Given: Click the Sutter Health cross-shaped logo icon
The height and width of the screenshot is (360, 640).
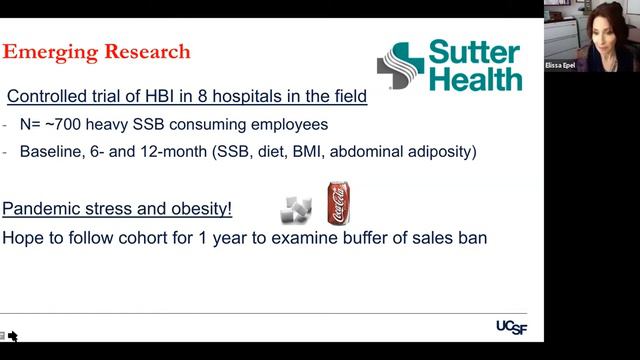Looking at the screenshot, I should [x=399, y=66].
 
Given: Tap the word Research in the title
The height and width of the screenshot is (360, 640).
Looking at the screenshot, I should [x=146, y=50].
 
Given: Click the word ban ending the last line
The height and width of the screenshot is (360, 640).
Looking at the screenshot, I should [x=472, y=239].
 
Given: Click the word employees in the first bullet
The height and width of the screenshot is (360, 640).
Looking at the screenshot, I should [x=281, y=126].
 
